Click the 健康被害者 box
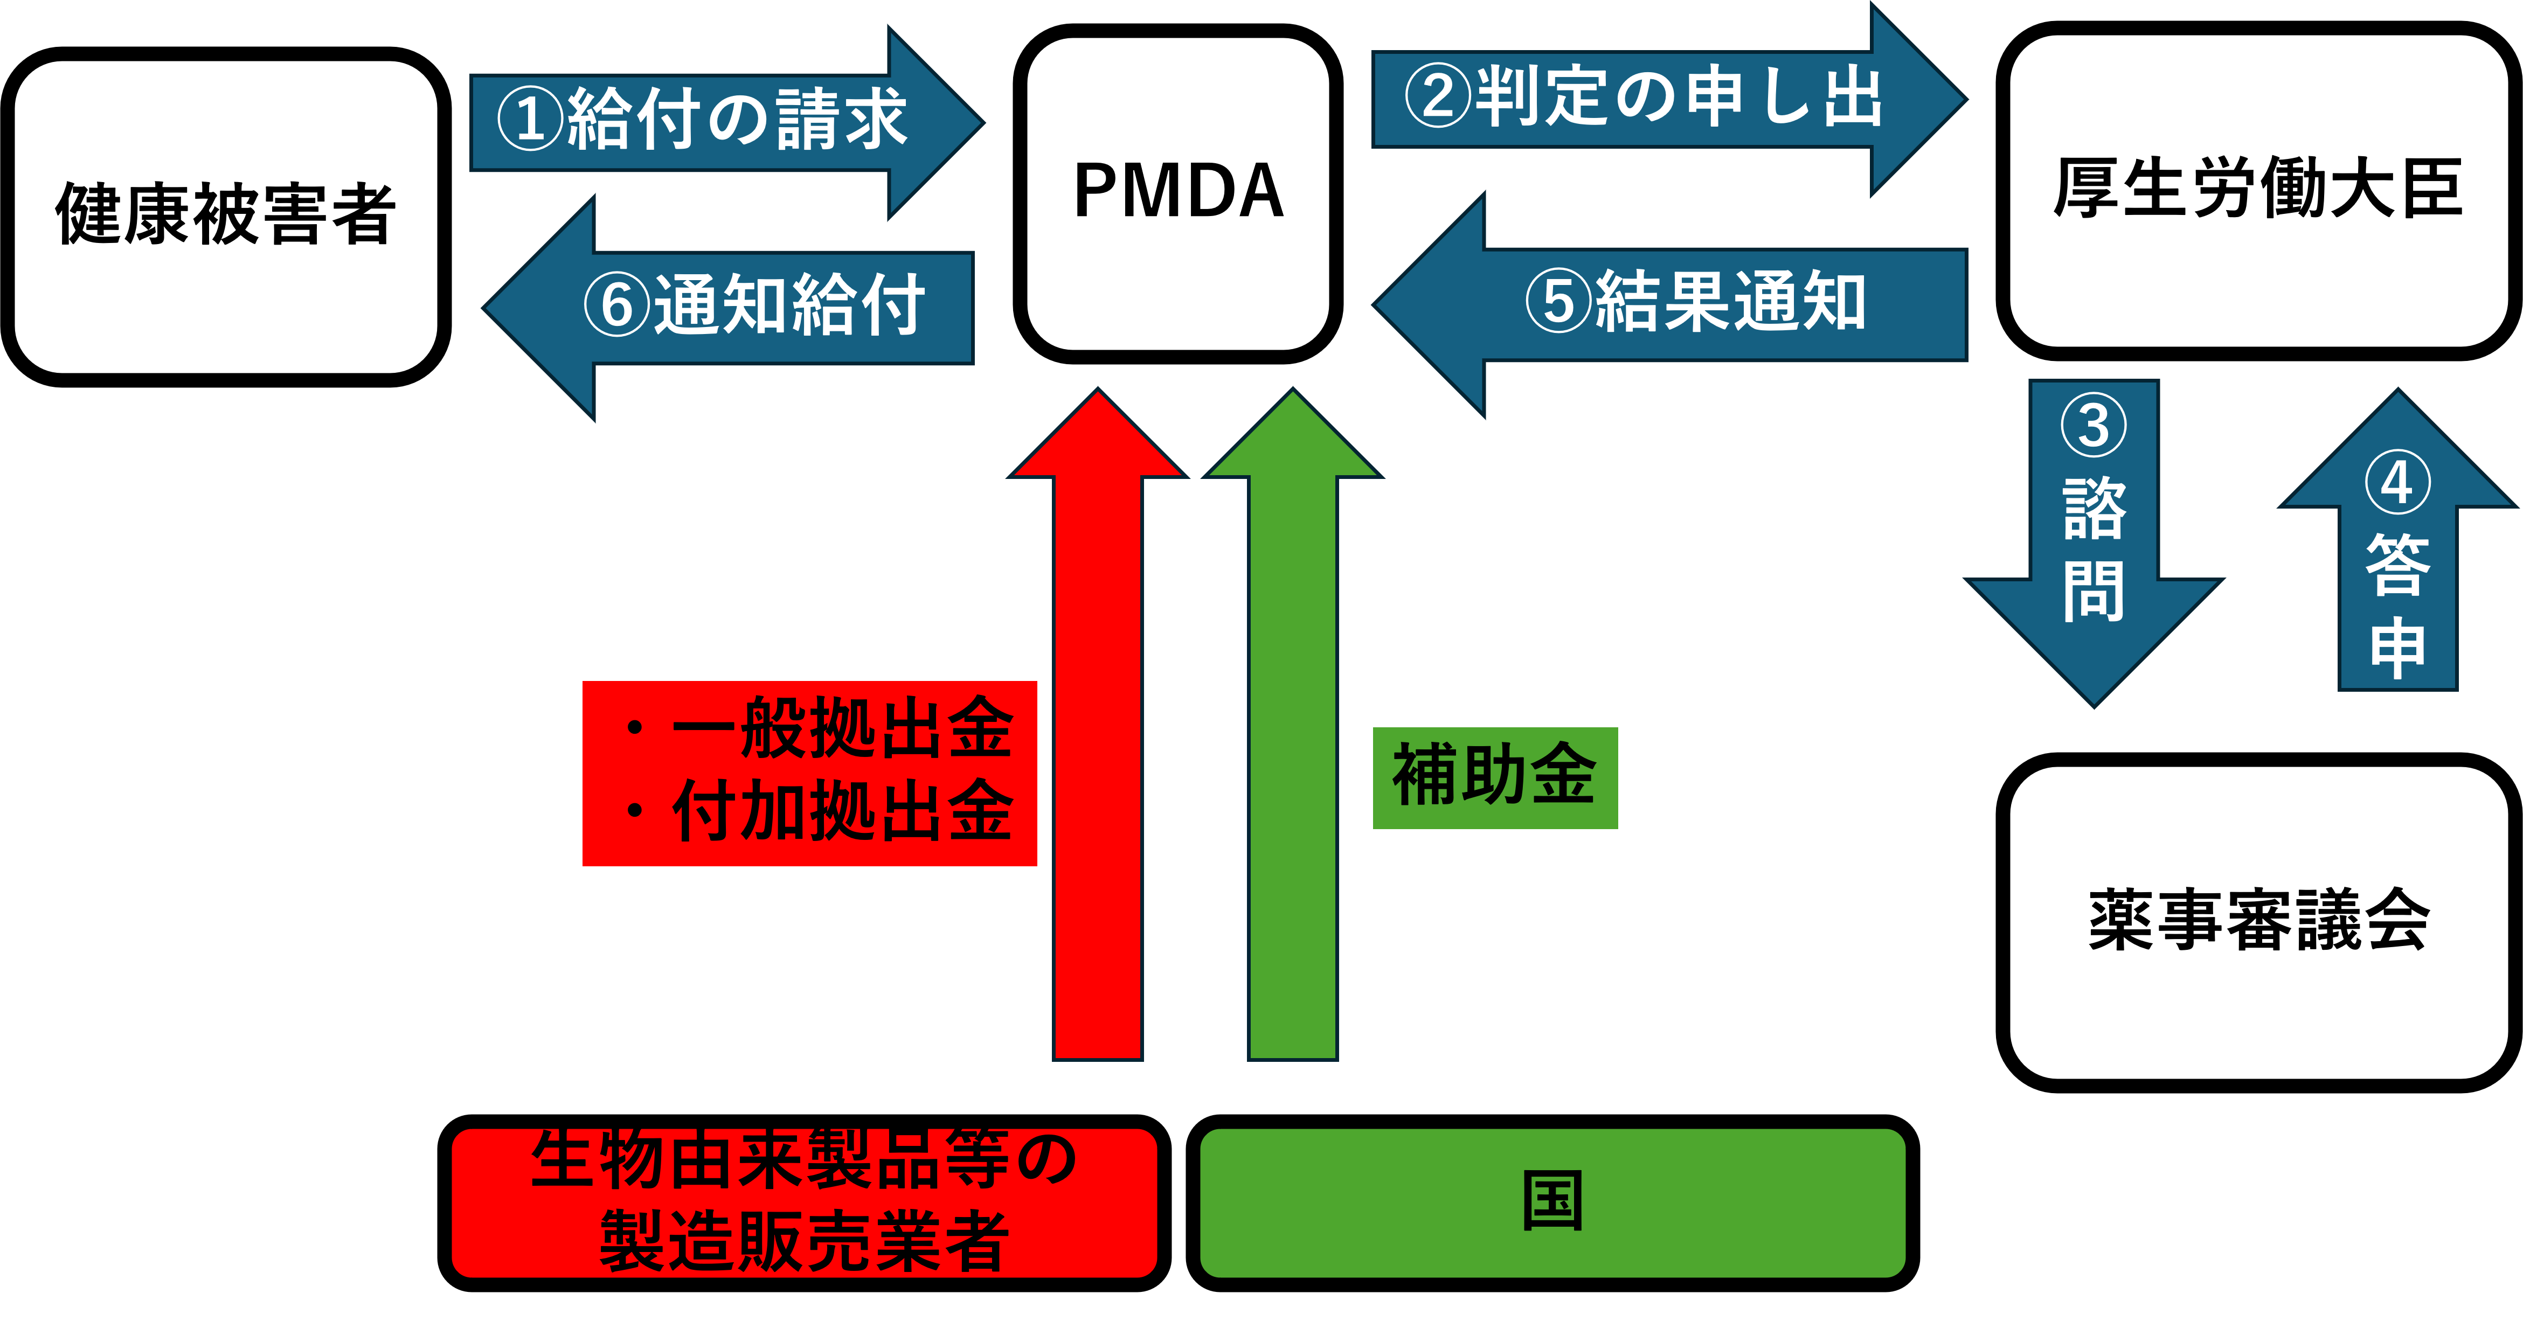pos(225,217)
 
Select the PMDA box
pos(1177,193)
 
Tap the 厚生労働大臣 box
pos(2257,190)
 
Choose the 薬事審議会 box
pos(2257,922)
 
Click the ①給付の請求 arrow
pos(725,121)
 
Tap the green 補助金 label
pos(1495,777)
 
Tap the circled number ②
pos(1438,97)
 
